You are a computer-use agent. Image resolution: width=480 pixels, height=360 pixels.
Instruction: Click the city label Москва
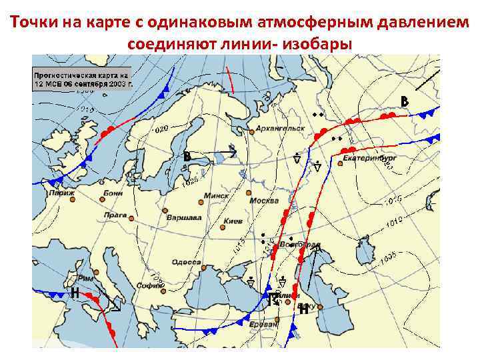tap(264, 201)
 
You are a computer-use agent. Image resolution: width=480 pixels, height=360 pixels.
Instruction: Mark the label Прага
tap(115, 215)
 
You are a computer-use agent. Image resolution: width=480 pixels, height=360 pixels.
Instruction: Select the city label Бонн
tap(113, 193)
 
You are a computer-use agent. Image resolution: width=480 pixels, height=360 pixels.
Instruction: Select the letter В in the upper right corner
tap(404, 101)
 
